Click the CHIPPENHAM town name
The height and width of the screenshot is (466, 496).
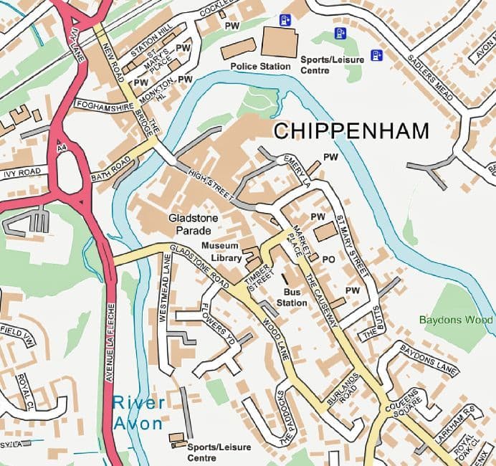351,131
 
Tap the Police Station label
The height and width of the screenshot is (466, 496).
260,67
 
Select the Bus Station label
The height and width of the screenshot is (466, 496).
292,298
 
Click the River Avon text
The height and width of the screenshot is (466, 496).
138,413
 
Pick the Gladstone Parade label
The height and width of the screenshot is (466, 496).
189,224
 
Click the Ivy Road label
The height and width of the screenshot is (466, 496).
22,173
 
